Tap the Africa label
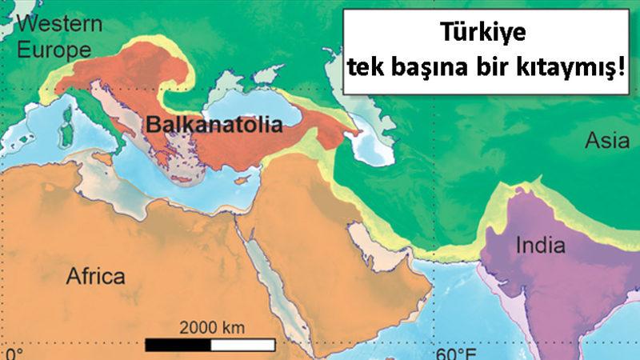coord(95,277)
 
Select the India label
coord(540,245)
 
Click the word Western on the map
coord(59,23)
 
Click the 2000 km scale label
coord(211,327)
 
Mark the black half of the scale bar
coord(178,345)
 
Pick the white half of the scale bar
coord(243,345)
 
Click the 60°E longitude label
coord(456,352)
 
